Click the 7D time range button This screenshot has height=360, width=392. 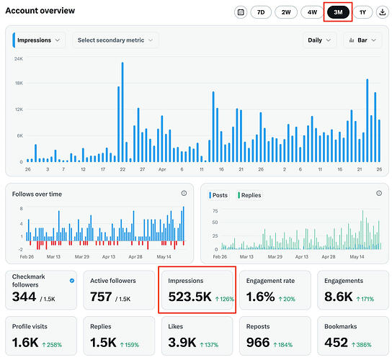261,12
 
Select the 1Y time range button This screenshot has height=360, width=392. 362,12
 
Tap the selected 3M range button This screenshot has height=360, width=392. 338,12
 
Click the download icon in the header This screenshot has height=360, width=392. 382,12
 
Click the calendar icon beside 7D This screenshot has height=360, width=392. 241,12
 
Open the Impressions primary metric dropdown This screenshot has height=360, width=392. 39,40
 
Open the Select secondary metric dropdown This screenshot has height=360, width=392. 115,40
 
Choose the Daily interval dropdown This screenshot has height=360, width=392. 319,40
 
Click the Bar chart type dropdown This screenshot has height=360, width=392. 362,40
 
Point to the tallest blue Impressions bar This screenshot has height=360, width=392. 122,112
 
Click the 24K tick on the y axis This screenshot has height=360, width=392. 19,59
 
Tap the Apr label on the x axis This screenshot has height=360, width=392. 162,169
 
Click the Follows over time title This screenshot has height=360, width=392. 37,194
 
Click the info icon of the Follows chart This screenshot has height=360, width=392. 184,193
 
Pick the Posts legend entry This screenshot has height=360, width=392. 218,195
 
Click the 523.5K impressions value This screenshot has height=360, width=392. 190,297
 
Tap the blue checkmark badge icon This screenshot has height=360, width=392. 72,281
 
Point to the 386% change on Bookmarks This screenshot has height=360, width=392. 362,345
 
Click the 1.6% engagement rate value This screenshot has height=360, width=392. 261,297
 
